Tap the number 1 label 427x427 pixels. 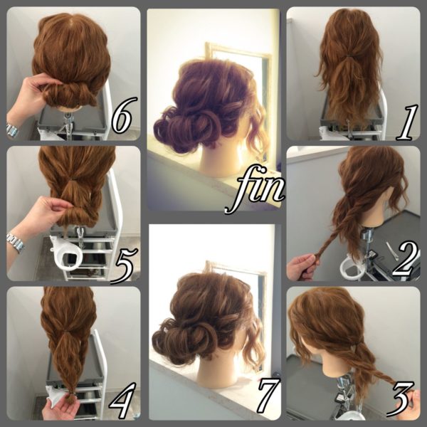coord(406,122)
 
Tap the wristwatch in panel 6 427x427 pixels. coord(13,130)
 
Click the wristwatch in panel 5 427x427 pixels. coord(16,243)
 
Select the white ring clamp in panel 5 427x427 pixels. coord(67,254)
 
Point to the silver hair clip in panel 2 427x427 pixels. coord(392,250)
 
